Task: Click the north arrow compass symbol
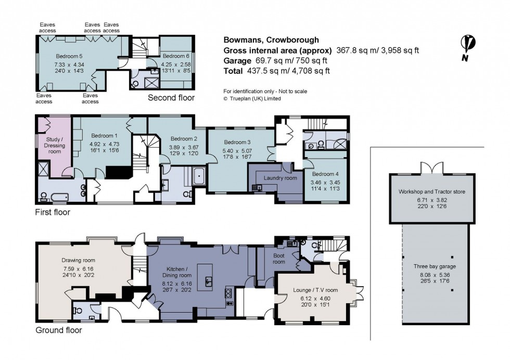467,48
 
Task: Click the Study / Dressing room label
55,145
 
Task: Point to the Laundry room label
280,178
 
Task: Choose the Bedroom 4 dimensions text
325,185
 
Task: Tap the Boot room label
279,259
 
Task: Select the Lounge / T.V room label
315,290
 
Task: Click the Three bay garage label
435,266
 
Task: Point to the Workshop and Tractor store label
431,191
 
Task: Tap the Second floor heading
171,98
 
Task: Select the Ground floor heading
58,330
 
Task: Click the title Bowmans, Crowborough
271,40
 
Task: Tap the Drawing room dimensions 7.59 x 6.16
79,269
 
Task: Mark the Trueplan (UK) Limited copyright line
252,98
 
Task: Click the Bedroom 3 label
237,142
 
